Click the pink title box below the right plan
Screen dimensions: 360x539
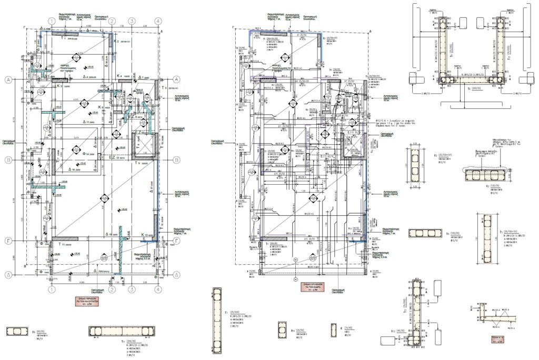click(314, 287)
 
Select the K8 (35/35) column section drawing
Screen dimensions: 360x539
click(17, 331)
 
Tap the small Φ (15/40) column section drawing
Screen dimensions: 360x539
click(333, 330)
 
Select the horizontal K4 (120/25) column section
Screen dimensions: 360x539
click(424, 234)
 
